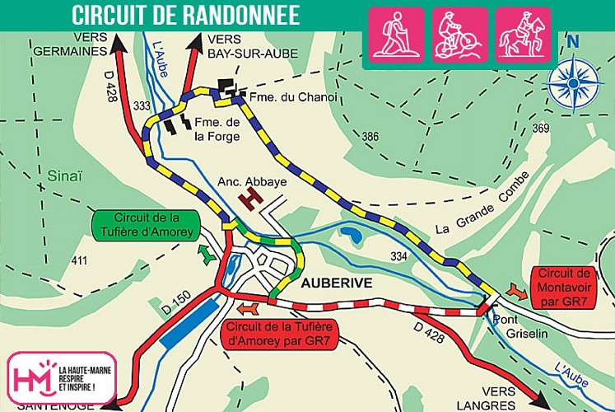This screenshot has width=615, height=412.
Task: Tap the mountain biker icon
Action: (460, 35)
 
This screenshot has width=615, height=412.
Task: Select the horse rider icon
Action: (523, 35)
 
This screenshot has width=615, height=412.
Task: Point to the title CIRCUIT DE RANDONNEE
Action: (184, 15)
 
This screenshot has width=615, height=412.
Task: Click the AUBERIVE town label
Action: (338, 283)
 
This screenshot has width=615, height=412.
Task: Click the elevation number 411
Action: (79, 260)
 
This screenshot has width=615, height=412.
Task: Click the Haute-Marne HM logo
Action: (58, 377)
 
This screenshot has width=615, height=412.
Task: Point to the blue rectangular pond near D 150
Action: (189, 322)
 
